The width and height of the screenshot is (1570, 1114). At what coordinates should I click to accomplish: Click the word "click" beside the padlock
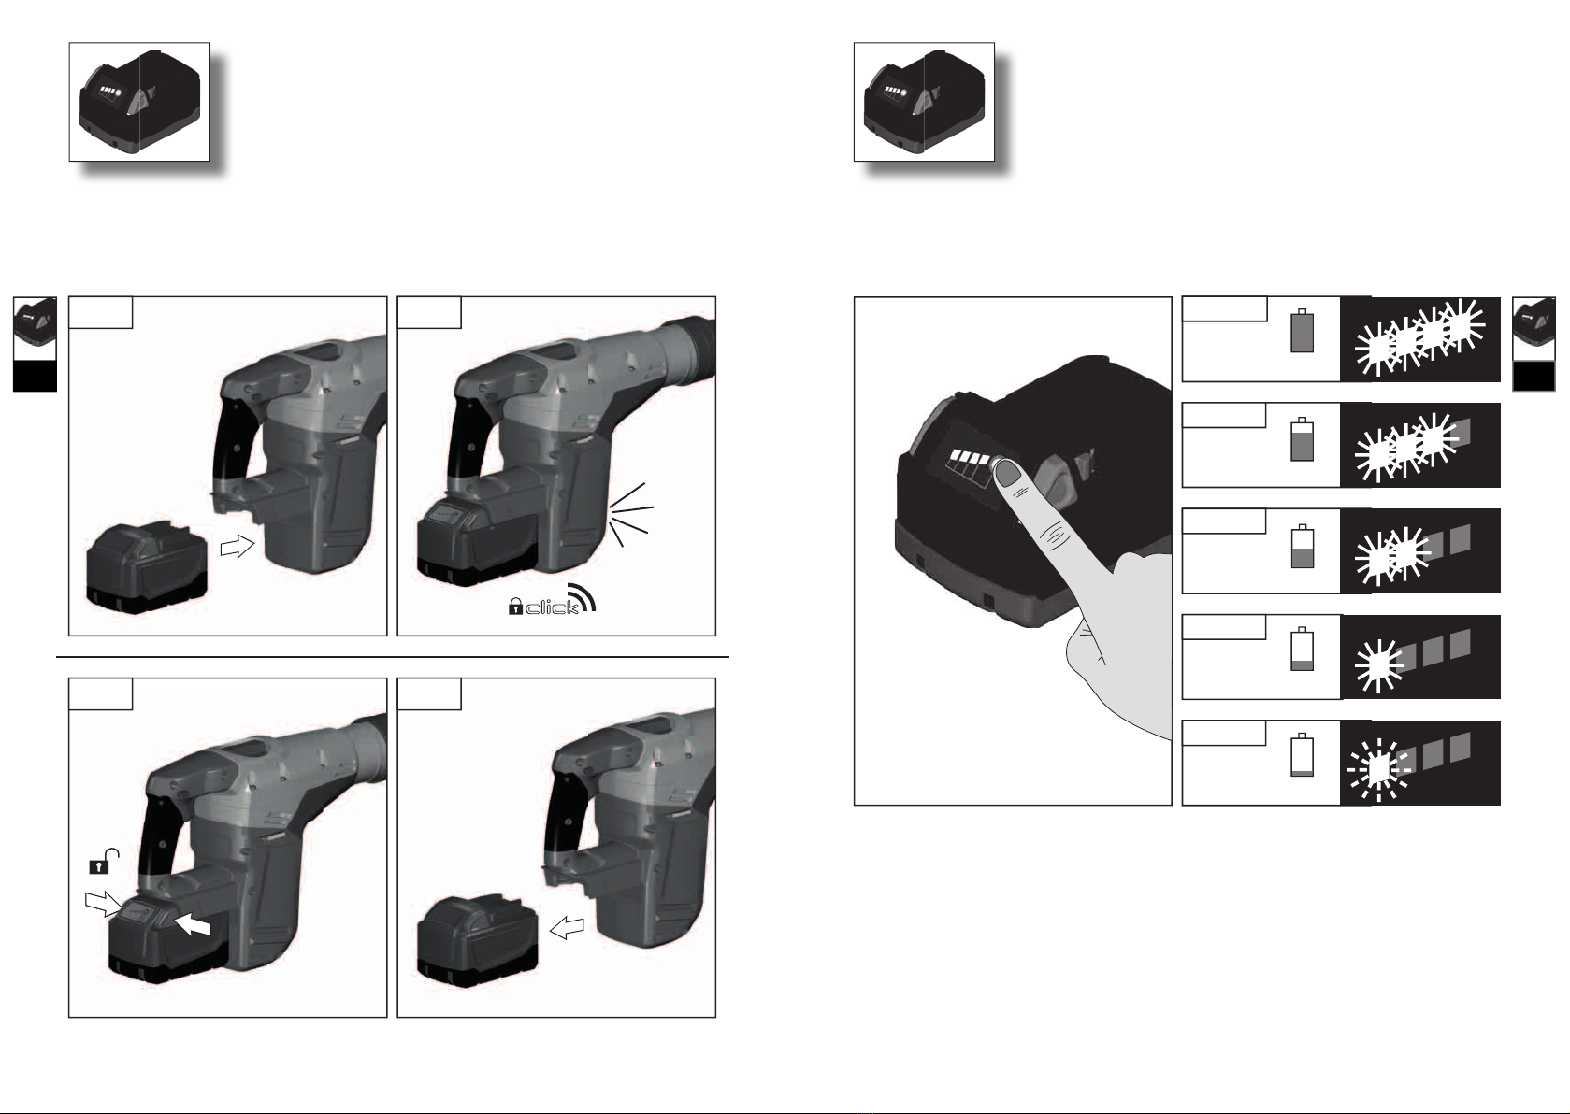point(552,607)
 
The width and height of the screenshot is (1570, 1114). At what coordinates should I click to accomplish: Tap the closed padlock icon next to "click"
point(515,606)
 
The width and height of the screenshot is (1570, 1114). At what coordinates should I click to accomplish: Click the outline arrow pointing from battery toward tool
point(238,547)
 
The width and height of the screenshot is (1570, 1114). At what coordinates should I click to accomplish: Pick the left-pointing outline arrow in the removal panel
point(567,928)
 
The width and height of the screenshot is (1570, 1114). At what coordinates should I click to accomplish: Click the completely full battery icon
point(1302,331)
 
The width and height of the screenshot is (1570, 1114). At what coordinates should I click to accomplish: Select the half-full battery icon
point(1302,546)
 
